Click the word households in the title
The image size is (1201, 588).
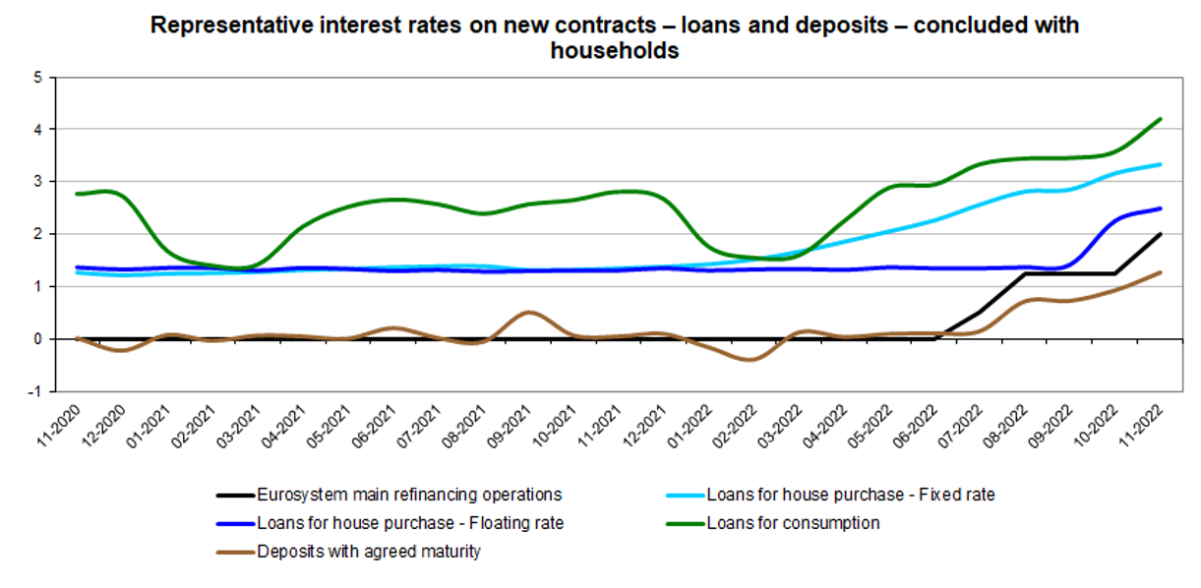pos(615,51)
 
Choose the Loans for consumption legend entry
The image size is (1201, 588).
pos(793,523)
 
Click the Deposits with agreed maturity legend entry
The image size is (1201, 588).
pos(369,552)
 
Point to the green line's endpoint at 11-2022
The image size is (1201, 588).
pos(1162,119)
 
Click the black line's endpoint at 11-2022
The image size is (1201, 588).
pos(1162,234)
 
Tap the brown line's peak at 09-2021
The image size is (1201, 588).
pos(529,313)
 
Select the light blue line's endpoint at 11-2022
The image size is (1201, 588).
pos(1162,164)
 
